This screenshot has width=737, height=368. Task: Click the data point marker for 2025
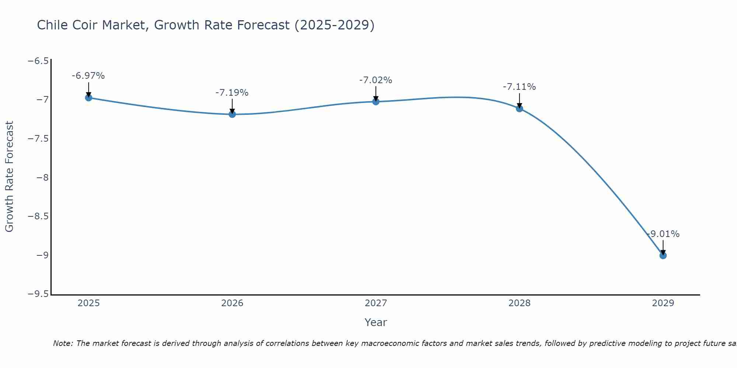[88, 98]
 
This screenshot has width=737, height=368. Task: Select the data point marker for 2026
[232, 114]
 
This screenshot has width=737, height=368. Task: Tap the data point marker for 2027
[376, 102]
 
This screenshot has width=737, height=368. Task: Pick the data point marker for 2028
[520, 109]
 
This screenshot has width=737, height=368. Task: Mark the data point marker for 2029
[663, 255]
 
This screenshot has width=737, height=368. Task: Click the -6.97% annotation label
[88, 76]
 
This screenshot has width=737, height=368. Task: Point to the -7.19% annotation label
[232, 93]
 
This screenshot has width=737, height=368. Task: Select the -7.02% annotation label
[376, 80]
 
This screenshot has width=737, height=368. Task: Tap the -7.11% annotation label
[519, 87]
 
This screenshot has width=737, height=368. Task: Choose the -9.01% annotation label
[663, 234]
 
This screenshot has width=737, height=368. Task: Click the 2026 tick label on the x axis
[232, 303]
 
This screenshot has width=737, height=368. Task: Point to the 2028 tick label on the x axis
[520, 303]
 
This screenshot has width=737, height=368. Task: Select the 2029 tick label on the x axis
[663, 303]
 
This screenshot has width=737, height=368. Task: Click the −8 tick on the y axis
[42, 178]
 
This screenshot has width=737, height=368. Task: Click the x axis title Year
[376, 322]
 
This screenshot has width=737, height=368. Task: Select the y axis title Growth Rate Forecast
[9, 177]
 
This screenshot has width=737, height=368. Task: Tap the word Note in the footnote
[63, 343]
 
